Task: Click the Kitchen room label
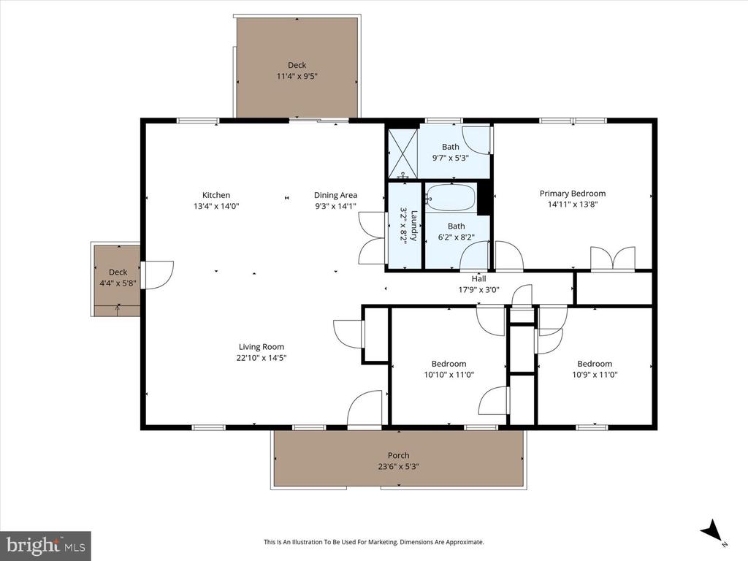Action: coord(216,195)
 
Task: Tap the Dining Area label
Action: coord(335,195)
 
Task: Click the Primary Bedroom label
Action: coord(572,194)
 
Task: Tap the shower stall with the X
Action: coord(401,153)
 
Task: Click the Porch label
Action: coord(398,456)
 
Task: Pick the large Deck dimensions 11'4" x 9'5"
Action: coord(297,76)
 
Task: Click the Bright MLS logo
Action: coord(45,544)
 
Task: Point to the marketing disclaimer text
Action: coord(373,542)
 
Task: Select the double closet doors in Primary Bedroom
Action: coord(614,259)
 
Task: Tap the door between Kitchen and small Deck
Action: coord(157,275)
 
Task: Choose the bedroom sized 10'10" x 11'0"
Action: coord(449,369)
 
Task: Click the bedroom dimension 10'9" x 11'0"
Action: coord(594,374)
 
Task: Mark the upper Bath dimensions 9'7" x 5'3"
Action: coord(450,157)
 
